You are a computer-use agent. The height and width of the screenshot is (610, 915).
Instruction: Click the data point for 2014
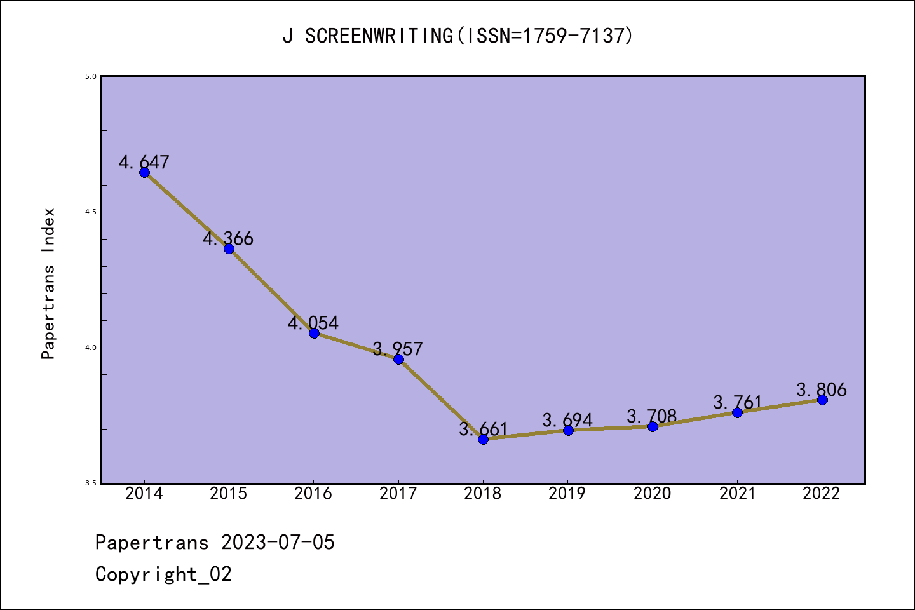point(144,172)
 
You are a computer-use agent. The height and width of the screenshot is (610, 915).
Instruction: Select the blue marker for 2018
point(483,439)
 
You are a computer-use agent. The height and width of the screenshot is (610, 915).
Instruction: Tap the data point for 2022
point(822,400)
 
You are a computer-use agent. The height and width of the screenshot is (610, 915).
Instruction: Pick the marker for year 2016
point(314,333)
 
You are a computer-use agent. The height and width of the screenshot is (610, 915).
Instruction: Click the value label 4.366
point(228,239)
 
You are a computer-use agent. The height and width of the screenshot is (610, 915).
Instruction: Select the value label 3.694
point(567,420)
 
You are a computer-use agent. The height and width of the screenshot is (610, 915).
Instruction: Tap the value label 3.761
point(737,402)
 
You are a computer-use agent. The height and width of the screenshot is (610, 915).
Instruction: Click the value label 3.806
point(822,390)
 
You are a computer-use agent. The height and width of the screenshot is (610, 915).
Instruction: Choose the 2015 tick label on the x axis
point(229,494)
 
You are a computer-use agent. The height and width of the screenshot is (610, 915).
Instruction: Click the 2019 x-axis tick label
point(567,494)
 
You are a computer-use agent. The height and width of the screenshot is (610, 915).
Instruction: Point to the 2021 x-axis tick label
point(737,494)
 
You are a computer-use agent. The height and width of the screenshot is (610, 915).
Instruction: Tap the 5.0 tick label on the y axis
point(90,76)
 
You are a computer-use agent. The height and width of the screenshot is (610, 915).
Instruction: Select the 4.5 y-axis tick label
point(90,212)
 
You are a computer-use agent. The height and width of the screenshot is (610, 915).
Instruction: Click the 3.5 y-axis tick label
point(90,484)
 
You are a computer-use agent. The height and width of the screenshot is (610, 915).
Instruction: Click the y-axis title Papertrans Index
point(49,283)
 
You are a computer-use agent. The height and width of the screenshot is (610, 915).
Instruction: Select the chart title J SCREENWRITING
point(457,36)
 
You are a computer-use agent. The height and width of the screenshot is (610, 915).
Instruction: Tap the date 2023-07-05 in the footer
point(278,543)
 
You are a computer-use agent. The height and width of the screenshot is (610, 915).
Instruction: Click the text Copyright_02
point(163,574)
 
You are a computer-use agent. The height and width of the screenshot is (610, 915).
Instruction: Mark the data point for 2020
point(653,426)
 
